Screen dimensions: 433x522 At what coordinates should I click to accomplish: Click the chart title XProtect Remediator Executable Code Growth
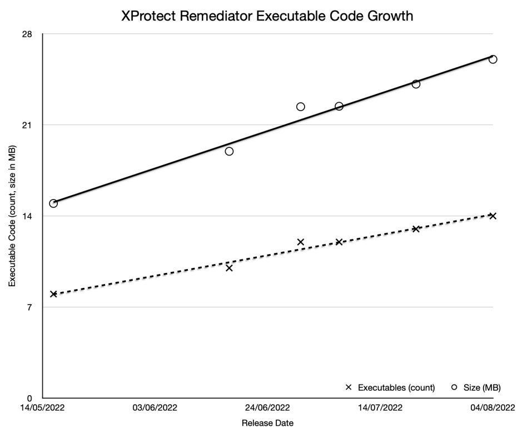point(267,16)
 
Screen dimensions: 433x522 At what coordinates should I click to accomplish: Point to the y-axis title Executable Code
point(12,216)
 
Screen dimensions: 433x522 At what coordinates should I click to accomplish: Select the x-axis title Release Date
point(267,423)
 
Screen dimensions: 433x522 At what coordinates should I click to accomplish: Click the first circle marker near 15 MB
point(53,203)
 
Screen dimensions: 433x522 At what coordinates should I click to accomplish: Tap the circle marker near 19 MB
point(229,151)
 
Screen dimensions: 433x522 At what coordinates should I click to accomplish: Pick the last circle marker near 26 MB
point(493,59)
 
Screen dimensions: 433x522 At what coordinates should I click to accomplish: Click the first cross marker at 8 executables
point(53,294)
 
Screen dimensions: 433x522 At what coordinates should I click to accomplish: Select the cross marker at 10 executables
point(229,268)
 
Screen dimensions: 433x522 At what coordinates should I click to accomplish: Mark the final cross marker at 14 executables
point(493,216)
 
